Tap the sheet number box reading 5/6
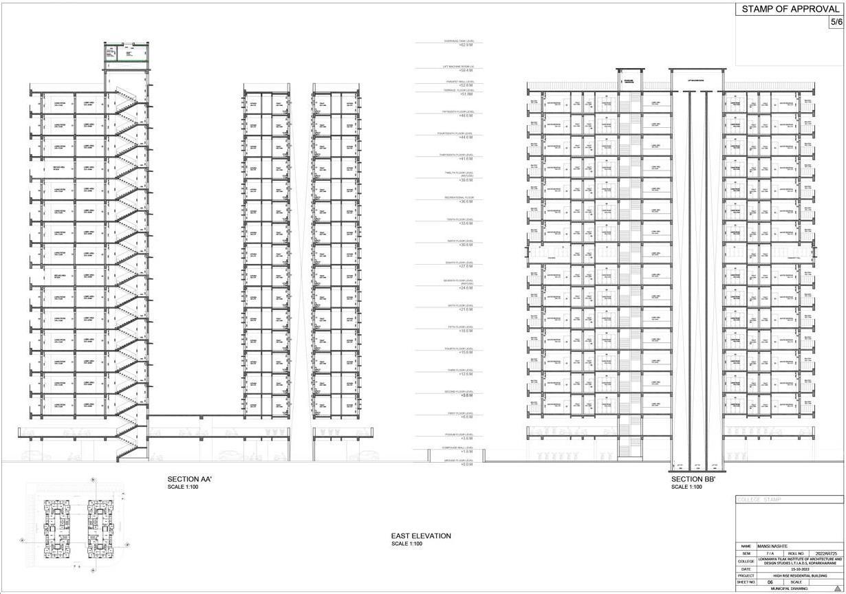pos(836,22)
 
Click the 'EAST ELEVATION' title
pos(421,536)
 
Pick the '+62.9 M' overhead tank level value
pos(466,45)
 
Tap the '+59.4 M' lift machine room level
pos(466,70)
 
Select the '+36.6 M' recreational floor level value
pos(466,201)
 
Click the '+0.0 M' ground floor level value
pos(466,464)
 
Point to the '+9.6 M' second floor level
pos(466,395)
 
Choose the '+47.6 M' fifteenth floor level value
pos(466,115)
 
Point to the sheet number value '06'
pos(770,582)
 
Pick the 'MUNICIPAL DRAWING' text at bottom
pos(789,588)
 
